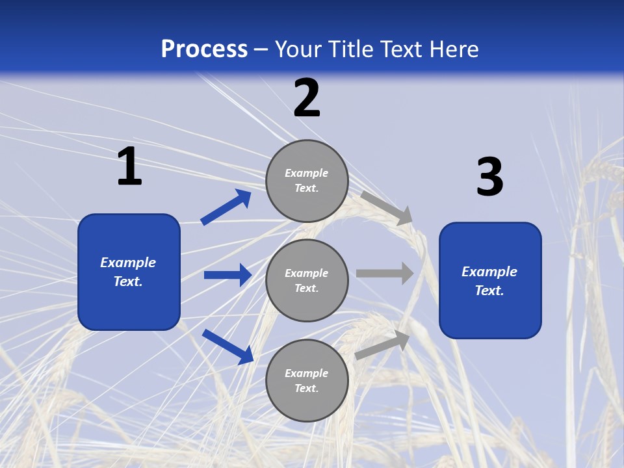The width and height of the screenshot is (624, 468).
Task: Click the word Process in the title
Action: [x=204, y=49]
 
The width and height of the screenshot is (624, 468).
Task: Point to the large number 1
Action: [x=129, y=167]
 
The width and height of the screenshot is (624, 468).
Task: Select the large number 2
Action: [x=307, y=98]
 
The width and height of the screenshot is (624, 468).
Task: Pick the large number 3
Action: [x=489, y=177]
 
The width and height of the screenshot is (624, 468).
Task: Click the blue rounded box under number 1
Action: [x=129, y=272]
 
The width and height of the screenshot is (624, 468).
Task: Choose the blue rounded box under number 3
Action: [x=490, y=281]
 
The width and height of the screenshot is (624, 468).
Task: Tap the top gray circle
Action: [x=307, y=181]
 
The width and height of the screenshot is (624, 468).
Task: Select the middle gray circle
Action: [x=307, y=281]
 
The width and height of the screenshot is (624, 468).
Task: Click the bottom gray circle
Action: [x=307, y=381]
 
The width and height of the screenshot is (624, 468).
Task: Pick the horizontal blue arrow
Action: [x=227, y=275]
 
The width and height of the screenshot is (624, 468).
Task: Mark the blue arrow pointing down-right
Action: [x=228, y=346]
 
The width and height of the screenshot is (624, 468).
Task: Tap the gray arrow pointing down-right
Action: [x=387, y=207]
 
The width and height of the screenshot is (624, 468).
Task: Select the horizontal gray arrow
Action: [x=385, y=273]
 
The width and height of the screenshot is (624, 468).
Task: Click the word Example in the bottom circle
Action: [x=306, y=373]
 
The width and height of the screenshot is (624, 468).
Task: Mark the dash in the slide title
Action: [x=261, y=49]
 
